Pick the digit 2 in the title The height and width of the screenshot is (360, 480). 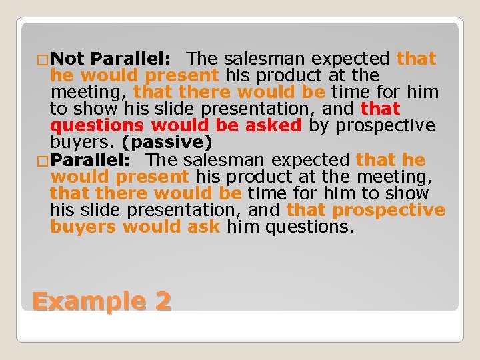click(x=163, y=301)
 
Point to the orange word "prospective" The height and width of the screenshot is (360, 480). click(x=389, y=210)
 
